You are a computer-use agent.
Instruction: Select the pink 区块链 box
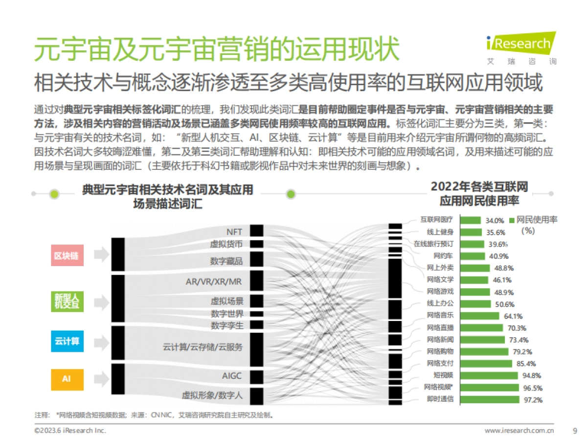click(x=66, y=256)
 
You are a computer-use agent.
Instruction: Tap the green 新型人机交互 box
click(x=66, y=301)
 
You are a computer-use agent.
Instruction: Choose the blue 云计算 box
click(x=66, y=341)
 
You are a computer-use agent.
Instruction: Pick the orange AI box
click(x=66, y=379)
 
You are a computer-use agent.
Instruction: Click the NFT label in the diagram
click(x=234, y=232)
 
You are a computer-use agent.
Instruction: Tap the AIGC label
click(x=232, y=376)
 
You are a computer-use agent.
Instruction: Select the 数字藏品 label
click(x=226, y=261)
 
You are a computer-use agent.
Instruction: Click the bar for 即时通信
click(x=490, y=399)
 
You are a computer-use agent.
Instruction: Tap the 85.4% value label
click(x=526, y=364)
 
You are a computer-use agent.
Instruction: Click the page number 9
click(x=575, y=431)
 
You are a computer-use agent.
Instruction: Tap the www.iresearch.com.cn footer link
click(x=519, y=431)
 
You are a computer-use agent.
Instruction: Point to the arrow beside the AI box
click(x=101, y=378)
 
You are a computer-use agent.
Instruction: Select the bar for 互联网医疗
click(x=470, y=220)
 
